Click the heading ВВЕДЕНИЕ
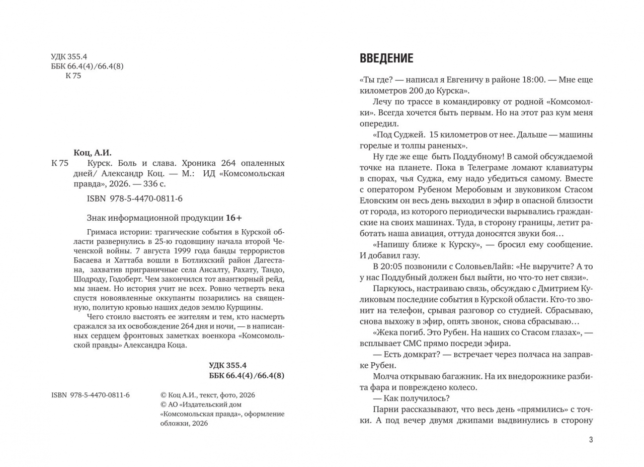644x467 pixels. coord(386,58)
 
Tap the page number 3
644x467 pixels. coord(591,440)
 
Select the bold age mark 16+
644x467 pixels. coord(233,218)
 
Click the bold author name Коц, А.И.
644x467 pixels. coord(93,153)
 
